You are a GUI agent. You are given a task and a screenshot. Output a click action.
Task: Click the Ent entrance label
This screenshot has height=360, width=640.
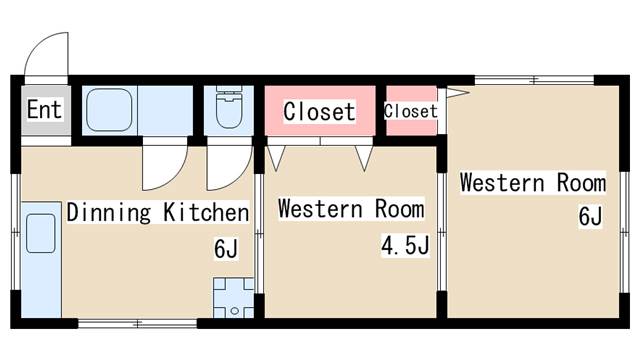44,109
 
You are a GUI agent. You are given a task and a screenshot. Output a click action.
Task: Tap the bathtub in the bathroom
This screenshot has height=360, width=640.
109,110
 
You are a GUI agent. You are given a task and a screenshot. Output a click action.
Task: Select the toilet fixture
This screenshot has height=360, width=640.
229,107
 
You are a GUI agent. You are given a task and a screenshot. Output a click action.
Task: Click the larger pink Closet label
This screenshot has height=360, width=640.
319,111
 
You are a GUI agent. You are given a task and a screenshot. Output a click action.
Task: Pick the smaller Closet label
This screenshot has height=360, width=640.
411,111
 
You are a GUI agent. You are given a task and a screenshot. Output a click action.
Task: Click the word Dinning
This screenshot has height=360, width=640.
109,212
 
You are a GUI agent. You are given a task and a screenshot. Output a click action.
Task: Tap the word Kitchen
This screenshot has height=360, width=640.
206,212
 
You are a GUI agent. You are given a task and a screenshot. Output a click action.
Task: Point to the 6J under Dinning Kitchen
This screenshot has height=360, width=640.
226,248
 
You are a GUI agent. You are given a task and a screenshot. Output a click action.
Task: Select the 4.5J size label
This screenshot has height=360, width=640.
405,245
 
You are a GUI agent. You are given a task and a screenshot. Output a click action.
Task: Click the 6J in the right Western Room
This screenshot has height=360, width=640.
590,216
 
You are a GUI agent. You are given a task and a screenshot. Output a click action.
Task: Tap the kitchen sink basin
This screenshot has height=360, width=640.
41,233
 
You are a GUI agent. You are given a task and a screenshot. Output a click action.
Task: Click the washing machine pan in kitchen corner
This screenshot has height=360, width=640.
233,298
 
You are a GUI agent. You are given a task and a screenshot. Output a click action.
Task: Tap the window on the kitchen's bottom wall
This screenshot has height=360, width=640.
138,324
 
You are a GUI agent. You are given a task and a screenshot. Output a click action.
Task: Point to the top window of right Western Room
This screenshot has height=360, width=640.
534,80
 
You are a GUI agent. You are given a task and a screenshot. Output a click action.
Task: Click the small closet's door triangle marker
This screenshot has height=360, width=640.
458,93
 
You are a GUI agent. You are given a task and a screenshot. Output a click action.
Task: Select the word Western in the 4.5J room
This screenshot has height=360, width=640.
320,209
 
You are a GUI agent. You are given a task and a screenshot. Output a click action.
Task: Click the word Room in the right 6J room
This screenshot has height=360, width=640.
581,182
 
